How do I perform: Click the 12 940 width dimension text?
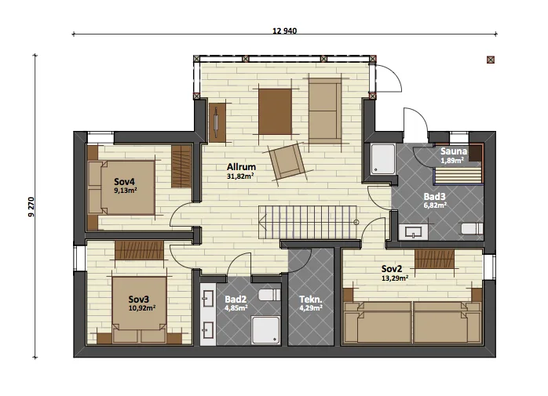284,31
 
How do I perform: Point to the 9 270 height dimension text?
31,207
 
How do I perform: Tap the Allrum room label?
241,167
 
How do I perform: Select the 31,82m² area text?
240,176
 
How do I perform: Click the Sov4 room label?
124,182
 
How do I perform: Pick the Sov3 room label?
138,300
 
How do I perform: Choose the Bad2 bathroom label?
236,300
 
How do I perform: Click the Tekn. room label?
310,300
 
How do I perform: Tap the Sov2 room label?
392,269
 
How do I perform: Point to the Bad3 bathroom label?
434,196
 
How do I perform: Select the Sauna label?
454,151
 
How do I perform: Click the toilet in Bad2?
269,295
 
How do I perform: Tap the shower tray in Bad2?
266,330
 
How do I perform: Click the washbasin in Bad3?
413,232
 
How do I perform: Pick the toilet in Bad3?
472,229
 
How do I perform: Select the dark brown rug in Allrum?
275,111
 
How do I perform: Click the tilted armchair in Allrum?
287,162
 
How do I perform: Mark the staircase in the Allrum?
308,223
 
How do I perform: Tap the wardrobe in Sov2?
434,259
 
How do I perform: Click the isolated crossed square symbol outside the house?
491,60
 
